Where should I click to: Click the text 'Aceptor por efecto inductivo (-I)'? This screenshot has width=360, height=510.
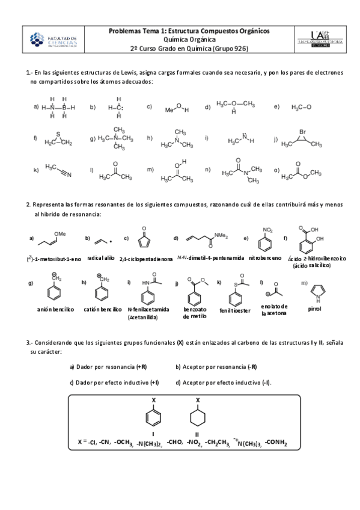click(x=224, y=382)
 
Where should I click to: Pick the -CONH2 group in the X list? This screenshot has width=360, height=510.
click(x=276, y=443)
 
